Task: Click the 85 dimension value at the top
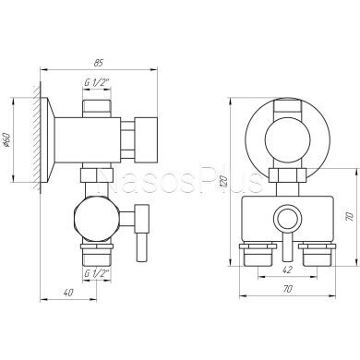(x=98, y=63)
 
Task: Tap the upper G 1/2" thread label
(x=97, y=83)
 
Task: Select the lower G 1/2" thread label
(x=97, y=273)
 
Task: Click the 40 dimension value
(x=68, y=293)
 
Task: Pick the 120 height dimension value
(x=224, y=182)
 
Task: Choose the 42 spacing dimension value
(x=287, y=270)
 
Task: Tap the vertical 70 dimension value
(x=349, y=216)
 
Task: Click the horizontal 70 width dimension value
(x=287, y=289)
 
